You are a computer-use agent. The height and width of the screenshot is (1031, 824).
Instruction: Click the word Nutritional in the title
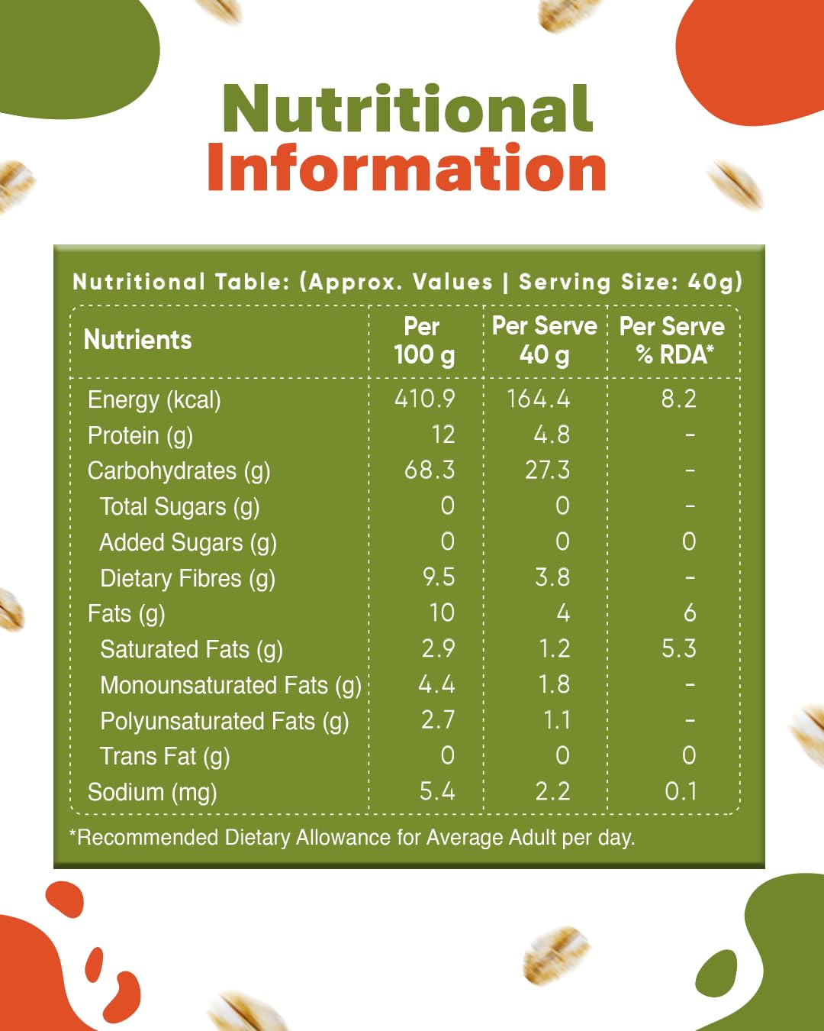(407, 109)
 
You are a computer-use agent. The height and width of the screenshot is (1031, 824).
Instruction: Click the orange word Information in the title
(407, 167)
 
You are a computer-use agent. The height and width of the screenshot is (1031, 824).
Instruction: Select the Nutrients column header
(137, 340)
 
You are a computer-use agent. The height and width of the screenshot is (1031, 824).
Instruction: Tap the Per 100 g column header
(424, 341)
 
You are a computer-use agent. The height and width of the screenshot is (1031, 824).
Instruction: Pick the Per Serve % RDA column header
(672, 341)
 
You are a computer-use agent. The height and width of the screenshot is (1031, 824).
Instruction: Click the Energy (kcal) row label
(154, 399)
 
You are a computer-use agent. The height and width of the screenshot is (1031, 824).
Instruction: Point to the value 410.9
(424, 399)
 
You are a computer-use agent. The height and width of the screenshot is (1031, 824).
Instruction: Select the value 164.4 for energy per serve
(538, 399)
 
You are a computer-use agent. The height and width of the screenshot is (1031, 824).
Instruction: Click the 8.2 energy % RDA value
(678, 399)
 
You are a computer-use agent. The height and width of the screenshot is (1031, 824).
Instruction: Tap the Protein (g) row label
(140, 435)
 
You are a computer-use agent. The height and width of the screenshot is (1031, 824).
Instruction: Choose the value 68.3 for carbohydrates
(430, 470)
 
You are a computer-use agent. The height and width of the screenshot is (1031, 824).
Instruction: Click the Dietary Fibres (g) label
(188, 578)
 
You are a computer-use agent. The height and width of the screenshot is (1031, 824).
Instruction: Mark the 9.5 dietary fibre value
(439, 577)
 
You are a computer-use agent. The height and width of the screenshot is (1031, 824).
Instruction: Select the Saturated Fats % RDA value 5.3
(678, 648)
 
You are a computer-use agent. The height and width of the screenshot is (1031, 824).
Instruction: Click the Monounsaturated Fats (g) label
(230, 685)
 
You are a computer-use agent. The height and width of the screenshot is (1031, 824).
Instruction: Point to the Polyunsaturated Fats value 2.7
(438, 719)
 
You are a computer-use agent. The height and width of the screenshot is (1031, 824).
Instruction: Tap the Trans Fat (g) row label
(165, 756)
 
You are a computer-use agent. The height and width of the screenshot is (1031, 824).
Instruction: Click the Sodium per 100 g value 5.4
(437, 791)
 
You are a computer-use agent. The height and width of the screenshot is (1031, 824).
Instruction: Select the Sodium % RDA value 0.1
(681, 791)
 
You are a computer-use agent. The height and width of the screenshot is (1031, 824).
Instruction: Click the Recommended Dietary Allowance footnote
(352, 838)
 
